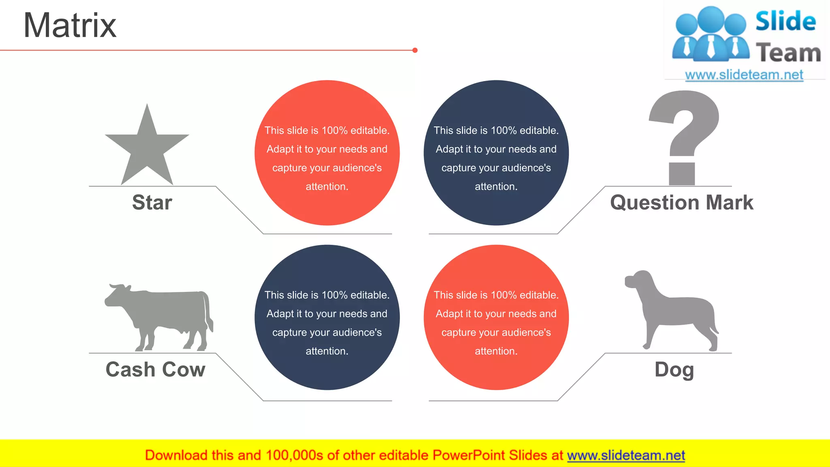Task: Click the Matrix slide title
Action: pyautogui.click(x=70, y=26)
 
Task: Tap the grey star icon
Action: pyautogui.click(x=147, y=148)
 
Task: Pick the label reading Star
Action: pyautogui.click(x=152, y=202)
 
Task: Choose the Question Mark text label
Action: pyautogui.click(x=682, y=202)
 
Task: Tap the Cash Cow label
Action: pyautogui.click(x=155, y=369)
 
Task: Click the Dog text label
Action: pyautogui.click(x=674, y=369)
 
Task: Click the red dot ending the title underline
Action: pyautogui.click(x=415, y=50)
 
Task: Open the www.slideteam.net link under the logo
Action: pyautogui.click(x=744, y=75)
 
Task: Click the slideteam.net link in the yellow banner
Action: pyautogui.click(x=626, y=455)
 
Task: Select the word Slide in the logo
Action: pyautogui.click(x=785, y=21)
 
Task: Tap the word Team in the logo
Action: pyautogui.click(x=788, y=53)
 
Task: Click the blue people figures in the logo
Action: pyautogui.click(x=710, y=34)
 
